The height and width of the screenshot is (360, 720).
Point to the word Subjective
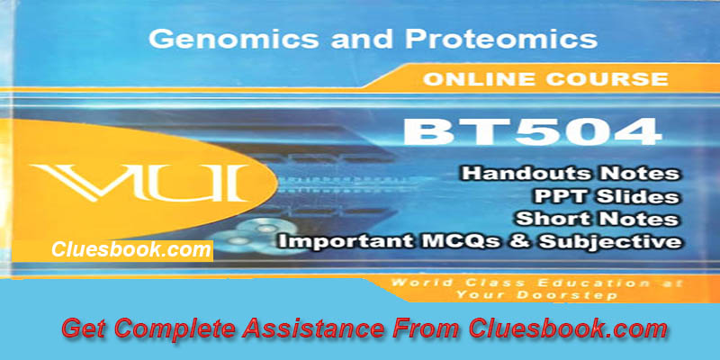620,241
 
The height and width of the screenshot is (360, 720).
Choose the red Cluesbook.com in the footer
569,328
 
